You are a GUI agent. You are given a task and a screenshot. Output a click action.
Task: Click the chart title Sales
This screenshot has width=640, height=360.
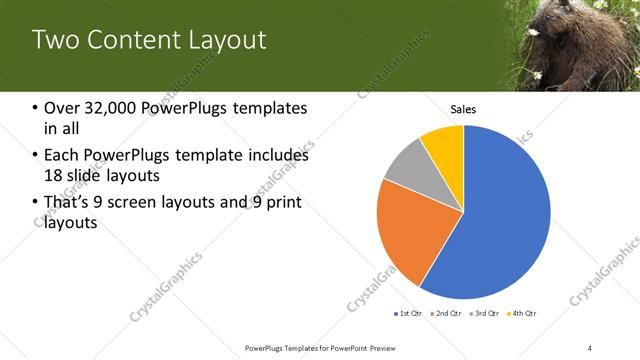point(463,109)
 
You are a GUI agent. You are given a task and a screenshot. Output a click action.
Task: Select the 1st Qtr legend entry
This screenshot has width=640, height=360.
point(409,313)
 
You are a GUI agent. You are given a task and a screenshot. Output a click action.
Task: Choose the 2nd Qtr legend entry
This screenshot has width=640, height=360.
point(448,313)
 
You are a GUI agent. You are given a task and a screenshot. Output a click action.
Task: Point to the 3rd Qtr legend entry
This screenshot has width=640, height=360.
point(486,313)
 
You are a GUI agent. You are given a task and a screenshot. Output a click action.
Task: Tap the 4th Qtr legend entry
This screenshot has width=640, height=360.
point(524,313)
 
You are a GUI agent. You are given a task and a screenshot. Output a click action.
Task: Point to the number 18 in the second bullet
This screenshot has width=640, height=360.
point(52,176)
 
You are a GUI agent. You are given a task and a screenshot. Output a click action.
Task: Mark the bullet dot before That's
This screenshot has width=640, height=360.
point(36,204)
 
